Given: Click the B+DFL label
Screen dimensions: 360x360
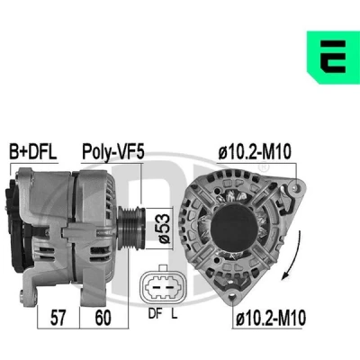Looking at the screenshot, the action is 33,152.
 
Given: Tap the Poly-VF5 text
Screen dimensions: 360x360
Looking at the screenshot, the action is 113,152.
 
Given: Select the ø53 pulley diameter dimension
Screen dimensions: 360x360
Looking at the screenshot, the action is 164,228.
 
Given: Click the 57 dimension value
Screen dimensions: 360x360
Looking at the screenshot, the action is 58,318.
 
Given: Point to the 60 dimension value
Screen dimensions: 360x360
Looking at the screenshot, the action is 103,318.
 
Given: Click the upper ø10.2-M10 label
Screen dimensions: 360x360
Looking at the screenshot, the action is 255,152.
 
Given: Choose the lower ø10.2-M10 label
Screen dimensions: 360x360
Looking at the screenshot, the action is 271,318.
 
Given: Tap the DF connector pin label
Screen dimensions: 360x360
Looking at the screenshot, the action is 156,314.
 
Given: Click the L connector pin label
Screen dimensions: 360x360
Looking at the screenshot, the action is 175,314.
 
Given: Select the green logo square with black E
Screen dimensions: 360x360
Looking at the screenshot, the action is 333,57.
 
